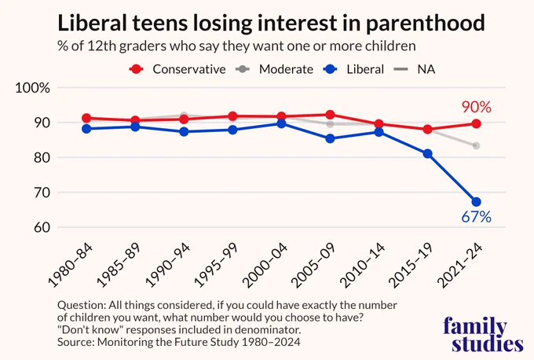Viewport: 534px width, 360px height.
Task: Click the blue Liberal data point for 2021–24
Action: click(476, 202)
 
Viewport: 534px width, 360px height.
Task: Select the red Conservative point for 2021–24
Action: click(476, 123)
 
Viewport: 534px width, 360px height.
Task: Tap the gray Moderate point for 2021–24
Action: click(476, 146)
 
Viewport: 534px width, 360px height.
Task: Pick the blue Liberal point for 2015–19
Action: click(427, 154)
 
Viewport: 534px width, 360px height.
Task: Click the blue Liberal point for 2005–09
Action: click(330, 139)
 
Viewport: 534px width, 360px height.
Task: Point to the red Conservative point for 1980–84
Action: click(86, 118)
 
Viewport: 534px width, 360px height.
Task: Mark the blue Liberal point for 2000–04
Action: click(281, 123)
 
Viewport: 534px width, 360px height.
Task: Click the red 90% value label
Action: click(477, 107)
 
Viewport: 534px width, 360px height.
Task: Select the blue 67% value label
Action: click(476, 217)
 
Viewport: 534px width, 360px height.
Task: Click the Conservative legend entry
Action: click(177, 69)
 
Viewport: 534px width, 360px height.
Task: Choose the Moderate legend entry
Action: click(274, 69)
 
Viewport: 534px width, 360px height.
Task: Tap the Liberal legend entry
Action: click(353, 69)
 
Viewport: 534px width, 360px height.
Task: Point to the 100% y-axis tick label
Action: click(33, 88)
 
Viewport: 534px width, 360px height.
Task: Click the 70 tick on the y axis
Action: click(42, 193)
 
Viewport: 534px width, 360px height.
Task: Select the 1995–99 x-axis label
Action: click(216, 266)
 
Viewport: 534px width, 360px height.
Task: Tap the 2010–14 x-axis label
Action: click(362, 266)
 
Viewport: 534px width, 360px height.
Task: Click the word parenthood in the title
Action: click(426, 23)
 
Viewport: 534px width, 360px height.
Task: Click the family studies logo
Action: click(483, 334)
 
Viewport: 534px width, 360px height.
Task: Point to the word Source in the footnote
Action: click(75, 342)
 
